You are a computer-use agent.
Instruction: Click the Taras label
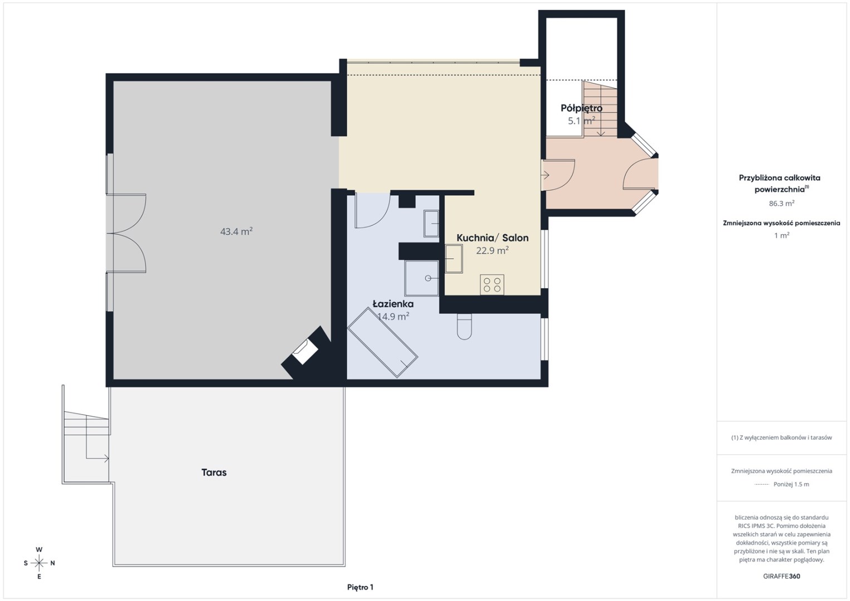pyautogui.click(x=214, y=472)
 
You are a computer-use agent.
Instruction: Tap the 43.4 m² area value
pyautogui.click(x=236, y=231)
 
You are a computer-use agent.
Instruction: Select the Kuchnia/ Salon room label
pyautogui.click(x=492, y=238)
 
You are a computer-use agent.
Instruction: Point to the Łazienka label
pyautogui.click(x=393, y=304)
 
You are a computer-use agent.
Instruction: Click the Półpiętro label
pyautogui.click(x=582, y=109)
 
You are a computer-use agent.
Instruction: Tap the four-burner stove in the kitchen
pyautogui.click(x=492, y=284)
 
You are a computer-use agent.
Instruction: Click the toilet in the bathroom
pyautogui.click(x=465, y=327)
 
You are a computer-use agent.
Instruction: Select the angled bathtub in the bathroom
pyautogui.click(x=383, y=342)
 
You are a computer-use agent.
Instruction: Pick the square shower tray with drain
pyautogui.click(x=422, y=278)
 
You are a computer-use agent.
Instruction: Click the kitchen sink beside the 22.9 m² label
pyautogui.click(x=453, y=259)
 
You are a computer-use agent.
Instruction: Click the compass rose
pyautogui.click(x=39, y=563)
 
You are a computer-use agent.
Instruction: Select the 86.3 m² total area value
pyautogui.click(x=781, y=203)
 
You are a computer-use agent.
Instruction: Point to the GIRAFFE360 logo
pyautogui.click(x=781, y=577)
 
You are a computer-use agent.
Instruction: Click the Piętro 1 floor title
pyautogui.click(x=360, y=587)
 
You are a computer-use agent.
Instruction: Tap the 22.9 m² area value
pyautogui.click(x=492, y=250)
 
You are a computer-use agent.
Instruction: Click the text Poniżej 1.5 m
pyautogui.click(x=791, y=484)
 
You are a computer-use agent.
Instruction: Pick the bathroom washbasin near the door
pyautogui.click(x=431, y=223)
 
